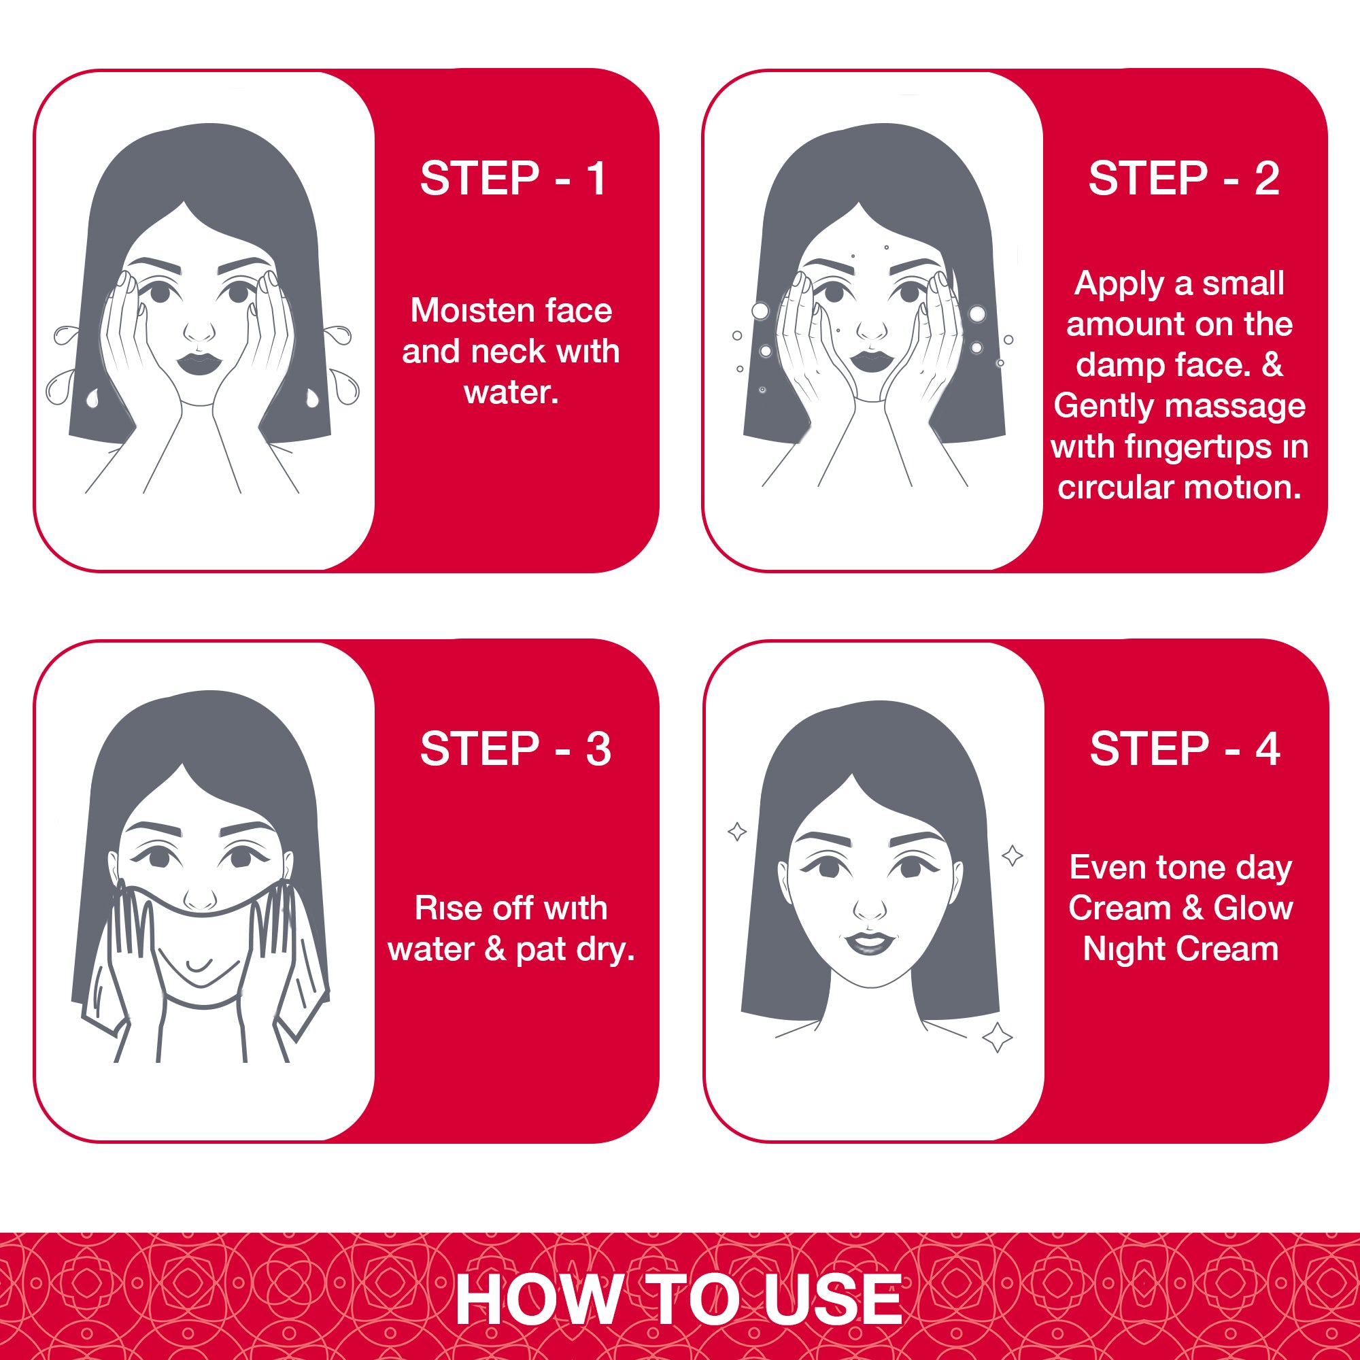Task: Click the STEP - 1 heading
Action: tap(513, 178)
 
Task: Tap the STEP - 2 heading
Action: tap(1184, 178)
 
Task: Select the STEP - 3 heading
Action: tap(515, 748)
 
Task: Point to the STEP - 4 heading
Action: tap(1185, 748)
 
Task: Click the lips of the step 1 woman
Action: tap(199, 363)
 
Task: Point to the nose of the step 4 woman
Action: tap(871, 908)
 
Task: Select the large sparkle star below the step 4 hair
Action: tap(998, 1036)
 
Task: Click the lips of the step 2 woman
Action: tap(872, 362)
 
